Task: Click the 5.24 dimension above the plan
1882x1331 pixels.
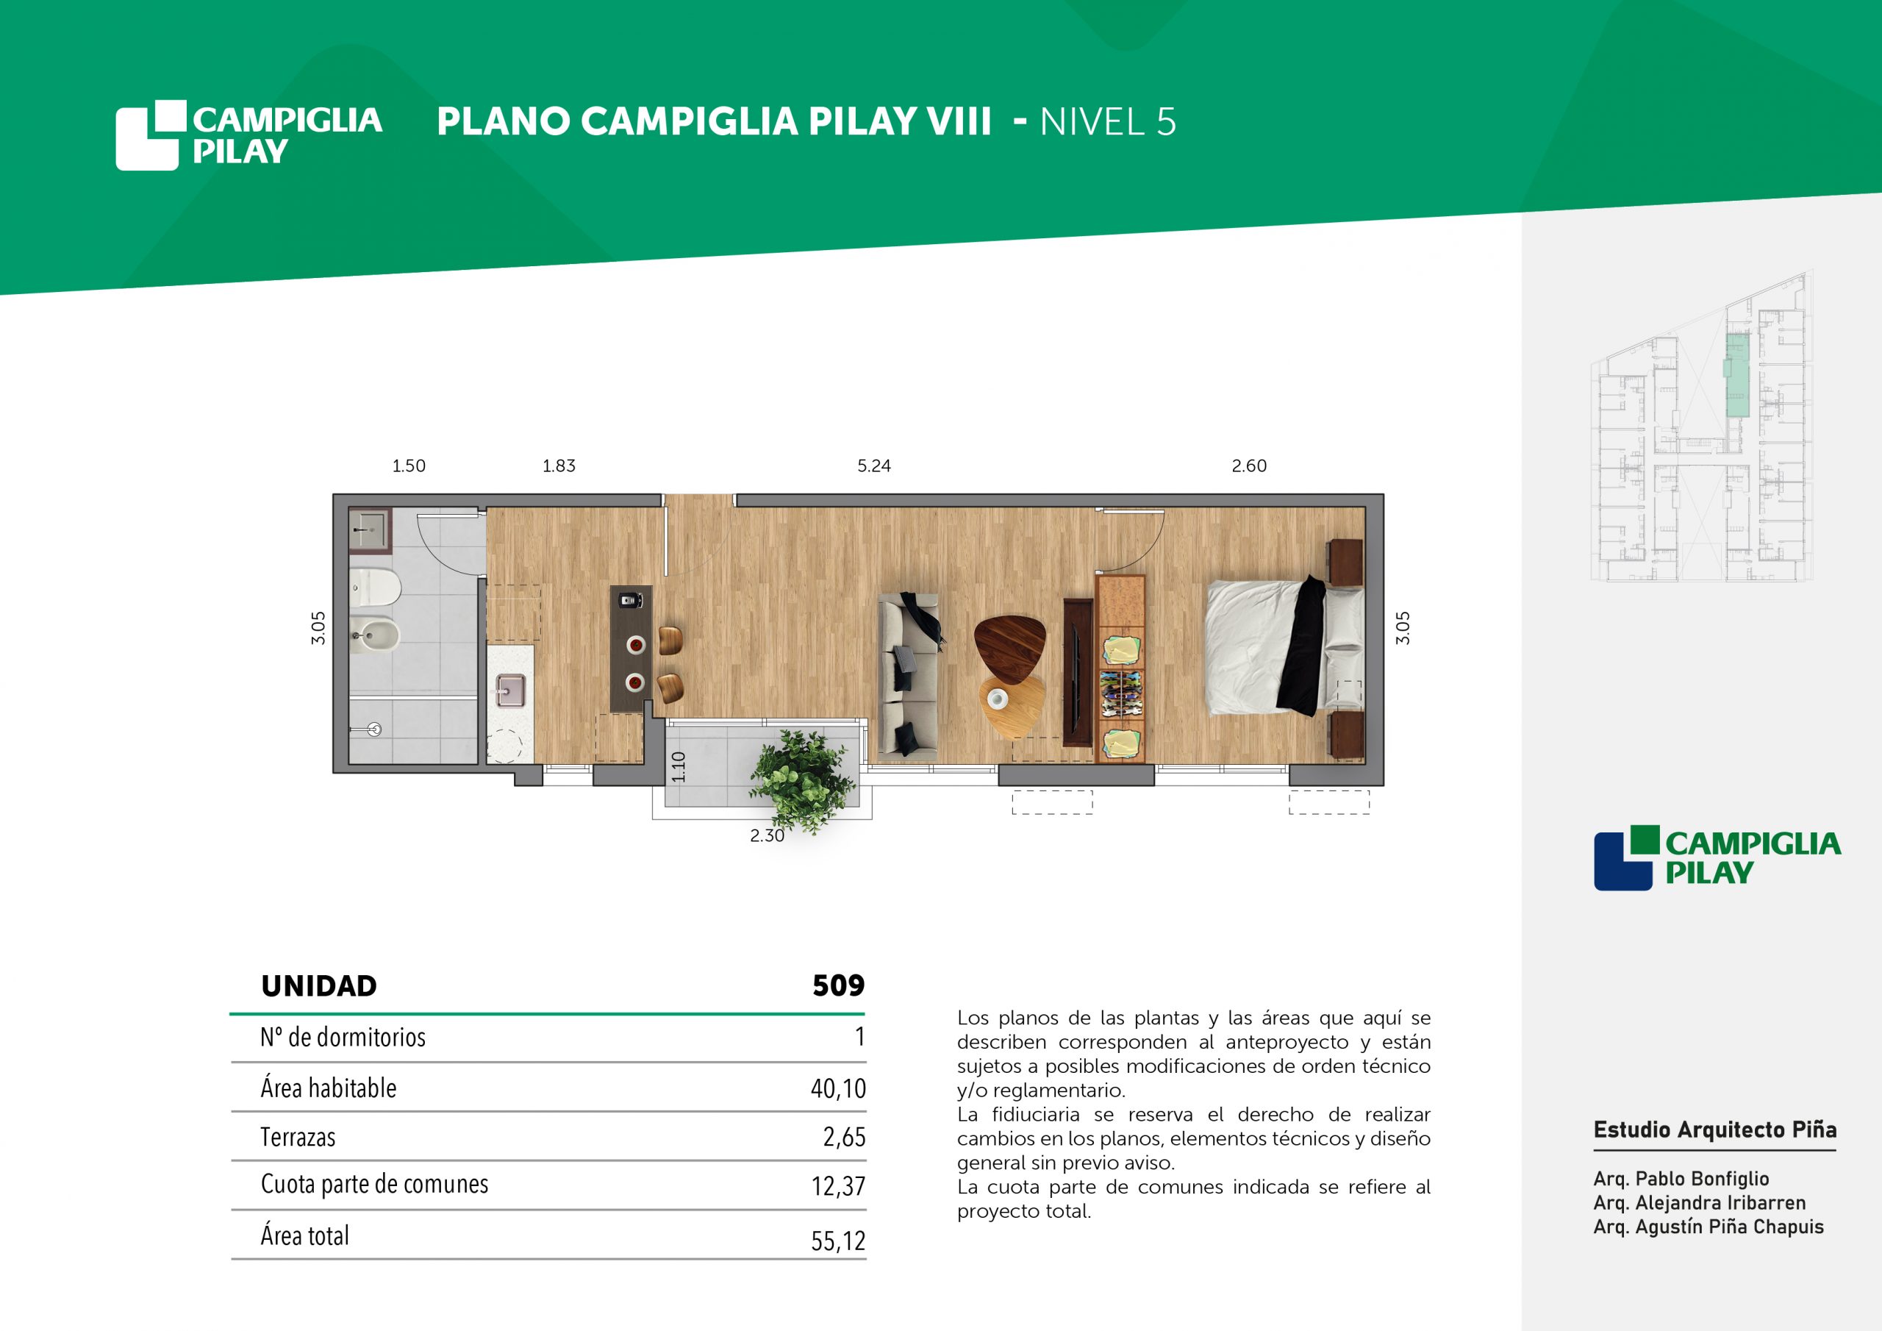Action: [x=874, y=465]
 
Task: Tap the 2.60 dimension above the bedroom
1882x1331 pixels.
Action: [x=1249, y=465]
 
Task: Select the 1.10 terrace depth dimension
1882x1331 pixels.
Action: [x=679, y=767]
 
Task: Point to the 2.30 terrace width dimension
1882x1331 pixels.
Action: [x=768, y=835]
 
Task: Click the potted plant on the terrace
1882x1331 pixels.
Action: [x=801, y=779]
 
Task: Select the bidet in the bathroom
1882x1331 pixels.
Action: [x=375, y=634]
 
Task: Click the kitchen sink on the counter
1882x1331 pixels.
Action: [x=510, y=690]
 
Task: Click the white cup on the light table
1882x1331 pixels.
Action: [x=998, y=699]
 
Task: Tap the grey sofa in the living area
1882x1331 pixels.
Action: [x=908, y=674]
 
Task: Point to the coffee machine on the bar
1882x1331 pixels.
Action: [x=629, y=599]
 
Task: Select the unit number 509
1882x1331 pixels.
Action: [x=839, y=985]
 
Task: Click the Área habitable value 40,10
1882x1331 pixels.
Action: [x=839, y=1088]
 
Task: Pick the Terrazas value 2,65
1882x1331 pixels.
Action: [x=844, y=1138]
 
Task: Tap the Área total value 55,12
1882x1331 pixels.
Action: [x=839, y=1241]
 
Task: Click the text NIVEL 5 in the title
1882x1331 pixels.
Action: [x=1108, y=121]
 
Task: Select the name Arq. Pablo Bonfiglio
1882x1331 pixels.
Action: [x=1681, y=1179]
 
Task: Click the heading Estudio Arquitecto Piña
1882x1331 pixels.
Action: [x=1715, y=1130]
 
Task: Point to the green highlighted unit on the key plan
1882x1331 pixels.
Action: [x=1737, y=375]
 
